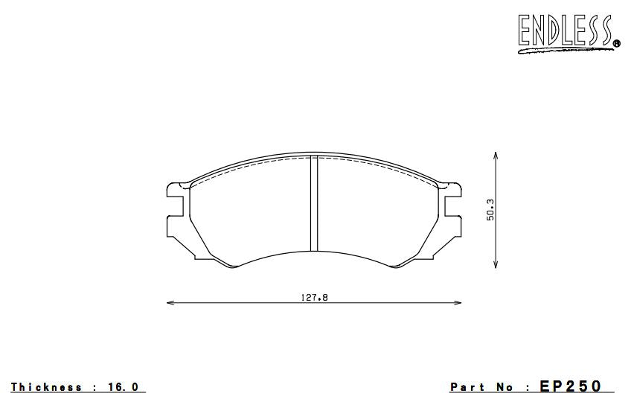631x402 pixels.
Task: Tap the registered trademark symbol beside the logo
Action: pyautogui.click(x=616, y=44)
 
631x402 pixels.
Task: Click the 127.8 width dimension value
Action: pyautogui.click(x=314, y=298)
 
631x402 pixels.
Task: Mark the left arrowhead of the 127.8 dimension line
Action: pyautogui.click(x=170, y=303)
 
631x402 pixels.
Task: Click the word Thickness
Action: pyautogui.click(x=46, y=387)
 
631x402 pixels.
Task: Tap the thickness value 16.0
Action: pyautogui.click(x=124, y=387)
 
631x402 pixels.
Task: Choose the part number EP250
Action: pyautogui.click(x=571, y=386)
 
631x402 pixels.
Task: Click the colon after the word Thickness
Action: pyautogui.click(x=95, y=387)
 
